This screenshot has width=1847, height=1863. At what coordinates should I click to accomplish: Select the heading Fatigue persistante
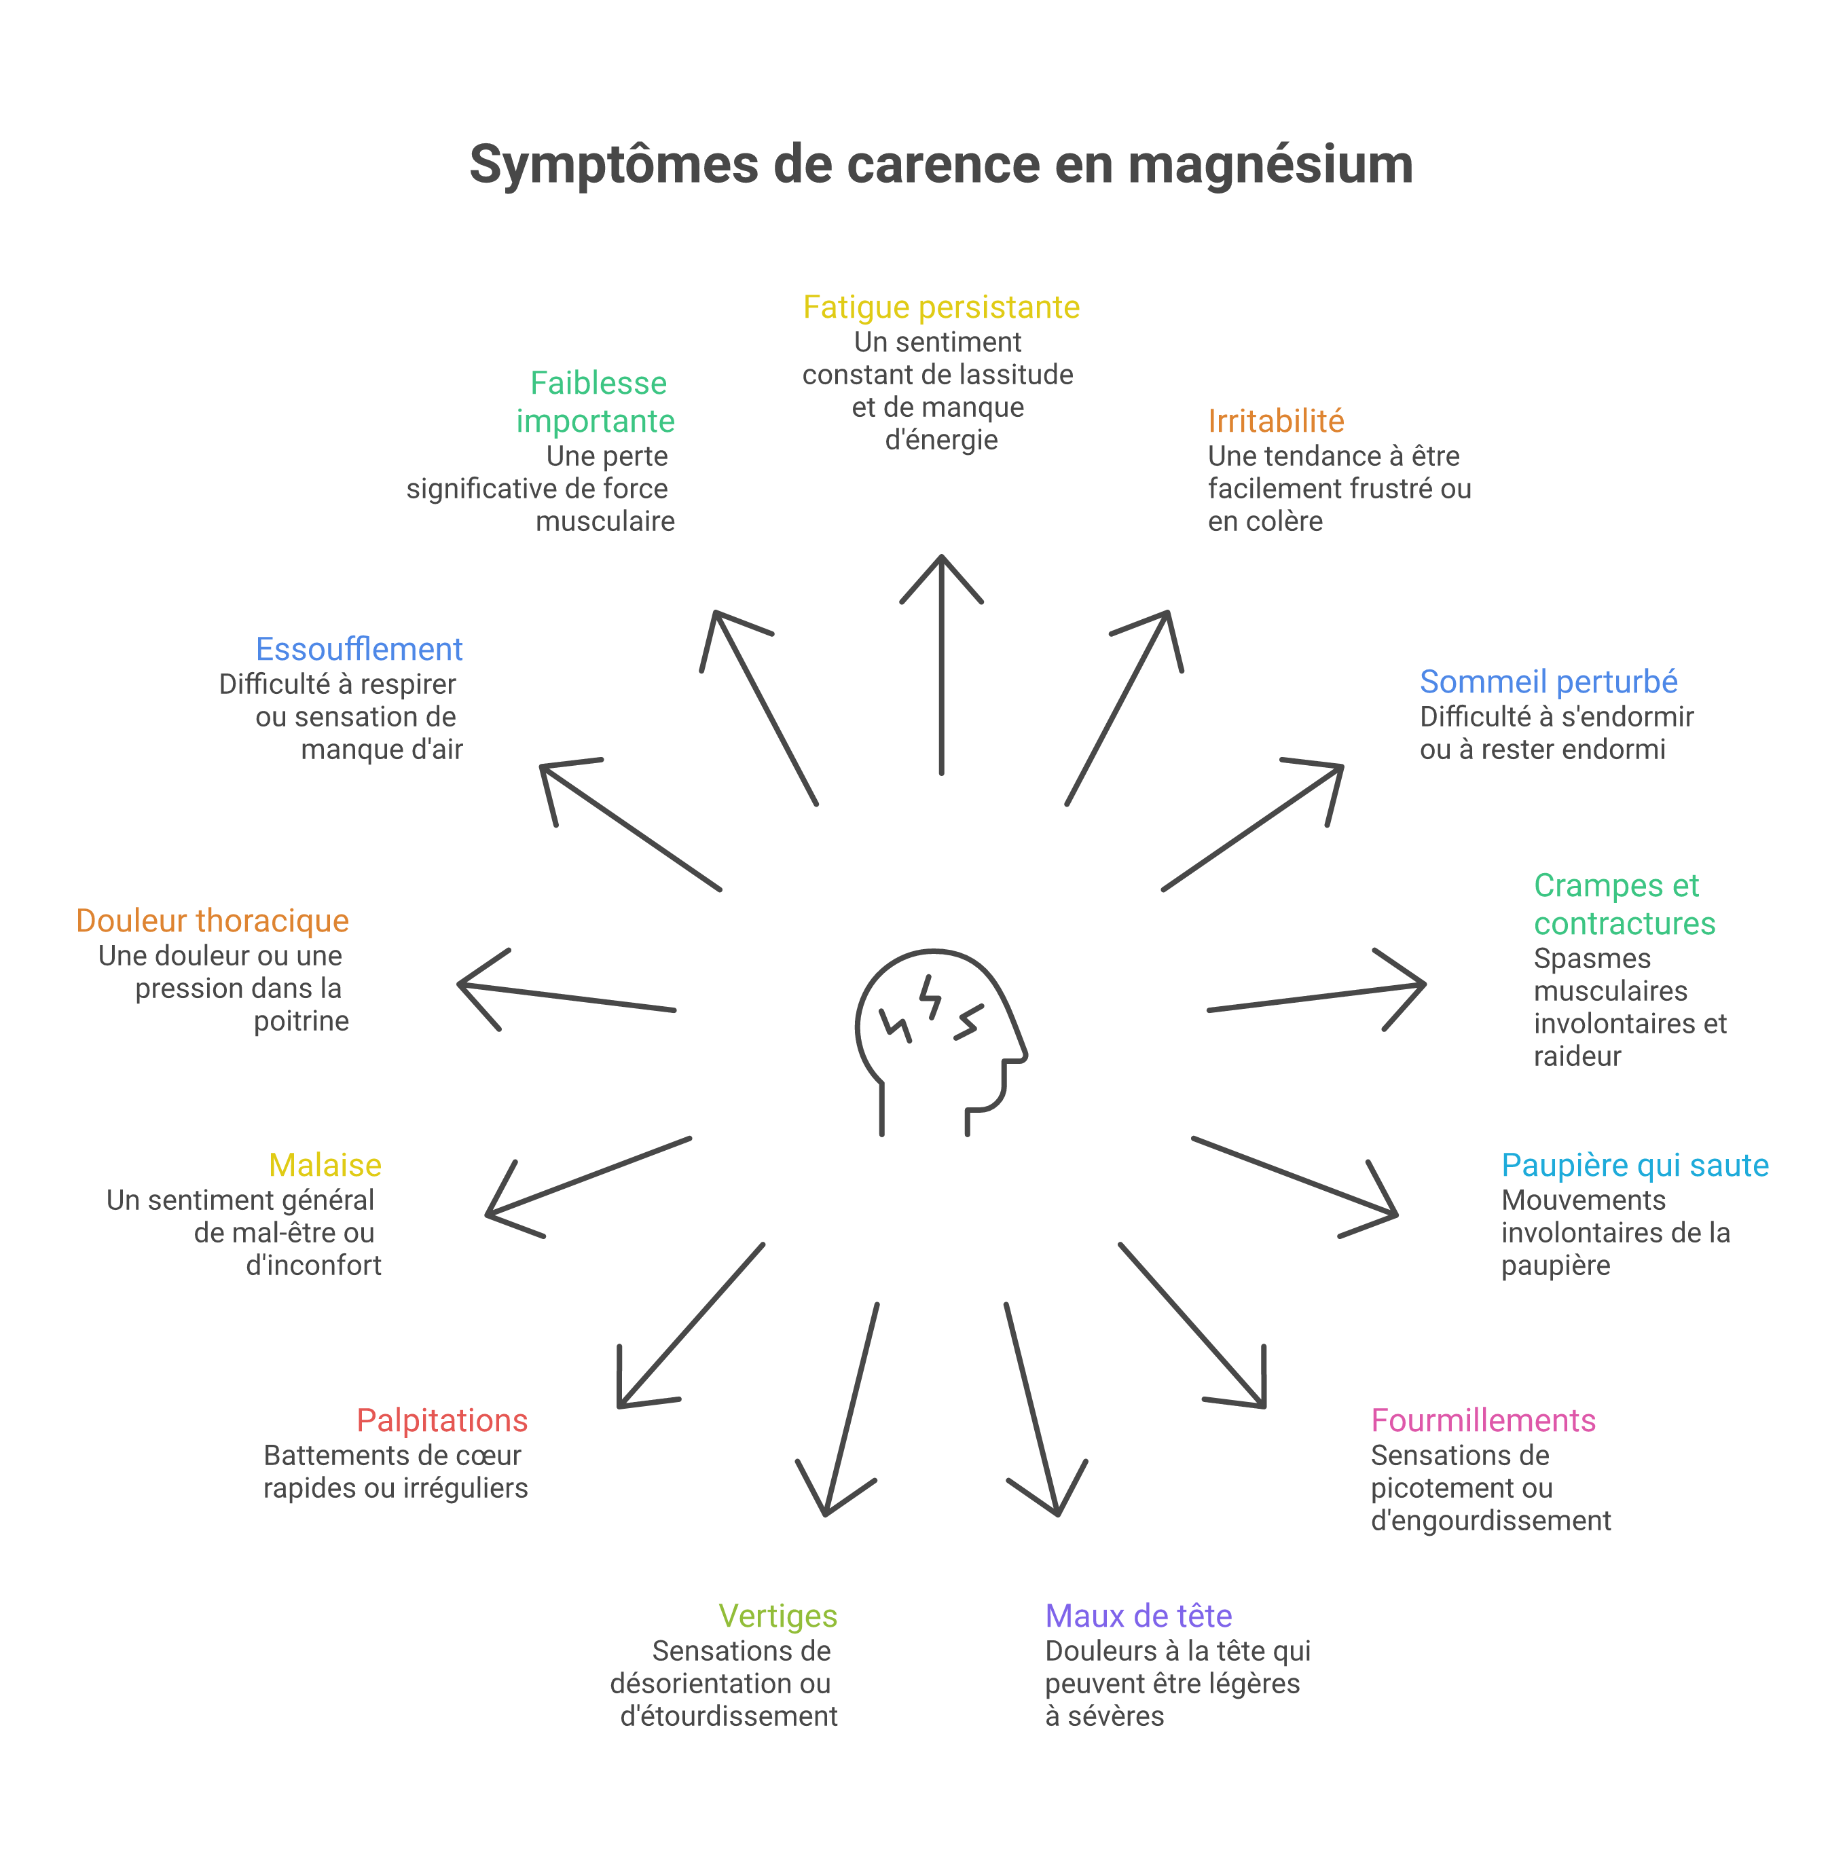[x=940, y=307]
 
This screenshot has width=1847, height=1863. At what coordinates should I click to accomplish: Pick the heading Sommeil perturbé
[x=1548, y=682]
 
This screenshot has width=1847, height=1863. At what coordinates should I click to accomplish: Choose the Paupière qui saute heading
[x=1635, y=1165]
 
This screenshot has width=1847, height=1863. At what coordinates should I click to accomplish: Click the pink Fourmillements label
[x=1484, y=1420]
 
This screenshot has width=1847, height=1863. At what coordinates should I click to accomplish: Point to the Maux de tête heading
[x=1138, y=1616]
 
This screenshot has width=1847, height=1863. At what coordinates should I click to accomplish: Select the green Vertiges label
[x=778, y=1616]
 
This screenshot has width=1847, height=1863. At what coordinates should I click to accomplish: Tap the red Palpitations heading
[x=442, y=1420]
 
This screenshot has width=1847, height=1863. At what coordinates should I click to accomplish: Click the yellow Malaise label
[x=325, y=1165]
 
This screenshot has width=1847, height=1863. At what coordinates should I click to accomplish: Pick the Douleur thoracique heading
[x=212, y=921]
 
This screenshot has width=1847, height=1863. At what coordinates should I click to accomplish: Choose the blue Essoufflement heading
[x=359, y=649]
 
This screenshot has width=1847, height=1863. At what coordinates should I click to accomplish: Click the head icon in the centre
[x=940, y=1041]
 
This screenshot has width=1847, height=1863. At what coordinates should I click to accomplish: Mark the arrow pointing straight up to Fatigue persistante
[x=941, y=665]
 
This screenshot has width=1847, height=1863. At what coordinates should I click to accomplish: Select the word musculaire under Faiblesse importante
[x=605, y=521]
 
